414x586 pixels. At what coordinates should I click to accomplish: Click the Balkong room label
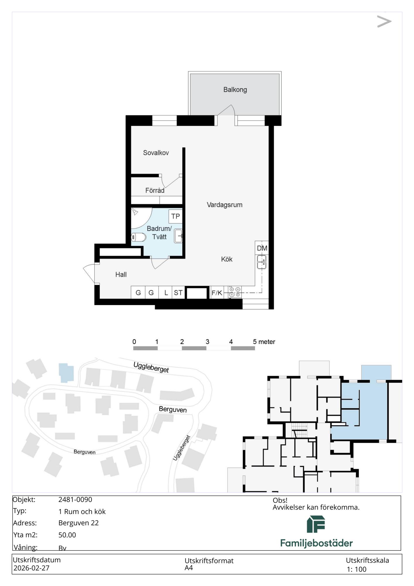click(235, 90)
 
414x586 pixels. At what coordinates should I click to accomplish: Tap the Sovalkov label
click(156, 153)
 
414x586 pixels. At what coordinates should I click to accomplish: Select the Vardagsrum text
click(225, 205)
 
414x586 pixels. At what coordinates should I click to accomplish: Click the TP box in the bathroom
click(176, 216)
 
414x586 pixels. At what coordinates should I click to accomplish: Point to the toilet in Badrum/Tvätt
click(138, 237)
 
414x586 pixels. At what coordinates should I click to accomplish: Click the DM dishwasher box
click(262, 248)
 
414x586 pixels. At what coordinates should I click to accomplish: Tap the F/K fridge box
click(217, 292)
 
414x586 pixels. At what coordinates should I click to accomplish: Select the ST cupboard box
click(178, 292)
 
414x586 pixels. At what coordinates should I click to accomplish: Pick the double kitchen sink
click(262, 262)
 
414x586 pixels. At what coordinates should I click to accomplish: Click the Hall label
click(121, 275)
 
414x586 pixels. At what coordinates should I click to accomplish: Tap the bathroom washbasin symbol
click(178, 236)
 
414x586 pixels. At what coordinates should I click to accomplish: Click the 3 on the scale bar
click(207, 342)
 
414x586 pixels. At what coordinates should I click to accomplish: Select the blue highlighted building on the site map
click(66, 372)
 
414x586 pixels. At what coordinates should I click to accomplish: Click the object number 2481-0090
click(75, 500)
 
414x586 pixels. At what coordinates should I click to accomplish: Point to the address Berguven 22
click(79, 523)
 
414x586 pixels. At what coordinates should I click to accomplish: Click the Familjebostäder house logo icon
click(316, 524)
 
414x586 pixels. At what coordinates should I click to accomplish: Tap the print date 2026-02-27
click(31, 568)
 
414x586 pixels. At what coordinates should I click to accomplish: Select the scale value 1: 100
click(357, 569)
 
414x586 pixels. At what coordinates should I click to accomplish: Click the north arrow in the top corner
click(384, 21)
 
